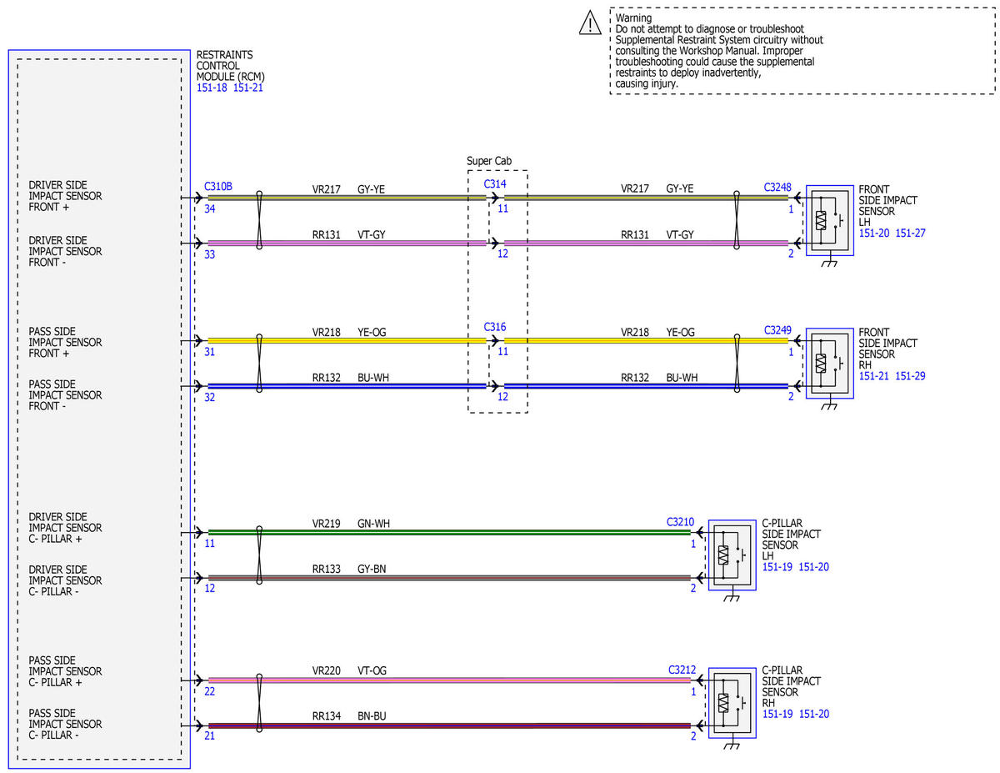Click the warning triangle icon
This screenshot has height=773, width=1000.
[589, 23]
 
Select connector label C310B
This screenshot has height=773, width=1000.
[218, 187]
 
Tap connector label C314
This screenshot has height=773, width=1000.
[495, 184]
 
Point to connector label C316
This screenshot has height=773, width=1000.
[495, 327]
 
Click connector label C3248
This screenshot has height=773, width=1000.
[777, 188]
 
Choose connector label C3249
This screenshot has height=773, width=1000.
[777, 330]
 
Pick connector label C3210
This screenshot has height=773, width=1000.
[680, 522]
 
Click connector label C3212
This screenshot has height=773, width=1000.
[682, 670]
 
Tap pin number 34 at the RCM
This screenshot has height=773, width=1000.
[209, 209]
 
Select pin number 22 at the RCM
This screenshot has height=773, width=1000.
[209, 691]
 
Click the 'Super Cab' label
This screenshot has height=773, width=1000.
[488, 161]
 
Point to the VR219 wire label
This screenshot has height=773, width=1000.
[327, 524]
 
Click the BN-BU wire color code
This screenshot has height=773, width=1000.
[372, 716]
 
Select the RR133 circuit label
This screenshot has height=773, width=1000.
[327, 569]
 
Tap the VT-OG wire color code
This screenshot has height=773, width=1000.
[372, 670]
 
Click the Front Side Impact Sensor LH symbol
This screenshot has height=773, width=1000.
[829, 220]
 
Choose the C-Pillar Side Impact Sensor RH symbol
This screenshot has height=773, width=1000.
[732, 703]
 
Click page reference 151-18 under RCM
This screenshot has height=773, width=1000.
[212, 88]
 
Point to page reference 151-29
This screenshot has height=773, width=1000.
[910, 376]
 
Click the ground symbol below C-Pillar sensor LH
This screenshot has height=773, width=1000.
[731, 598]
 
